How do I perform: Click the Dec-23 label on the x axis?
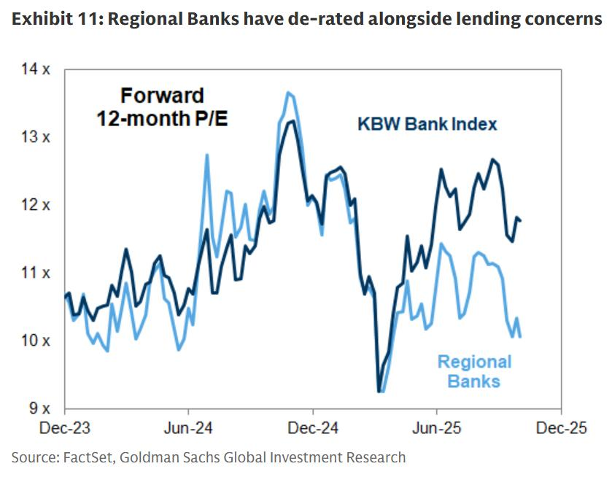65,428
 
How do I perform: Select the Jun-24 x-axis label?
189,428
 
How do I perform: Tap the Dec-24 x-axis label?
312,428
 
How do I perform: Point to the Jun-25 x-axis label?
436,428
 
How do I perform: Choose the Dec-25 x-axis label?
560,428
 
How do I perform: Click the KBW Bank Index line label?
427,124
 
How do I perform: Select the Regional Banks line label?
474,371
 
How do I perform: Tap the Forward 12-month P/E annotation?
162,106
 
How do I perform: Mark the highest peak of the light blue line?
287,93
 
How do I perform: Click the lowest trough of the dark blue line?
379,392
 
